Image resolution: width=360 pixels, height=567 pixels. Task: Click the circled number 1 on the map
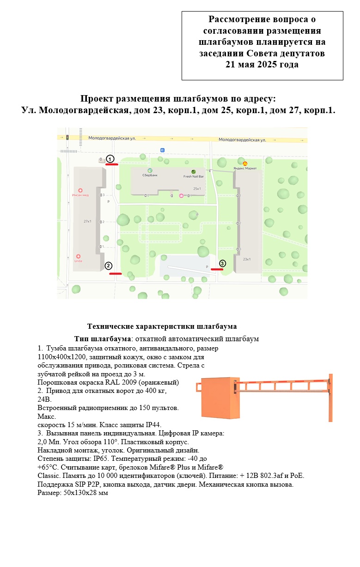coord(110,159)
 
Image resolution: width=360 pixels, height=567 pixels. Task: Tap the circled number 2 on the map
coord(108,265)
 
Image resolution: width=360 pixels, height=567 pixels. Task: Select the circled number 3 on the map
coord(222,263)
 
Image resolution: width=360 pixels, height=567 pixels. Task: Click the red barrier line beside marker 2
coord(115,273)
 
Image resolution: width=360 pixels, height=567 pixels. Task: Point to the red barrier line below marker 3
coord(217,269)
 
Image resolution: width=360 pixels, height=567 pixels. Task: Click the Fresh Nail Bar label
coord(193,176)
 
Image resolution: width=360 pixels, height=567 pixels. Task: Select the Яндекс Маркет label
coord(245,168)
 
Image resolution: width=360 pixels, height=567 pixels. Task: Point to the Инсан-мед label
coord(80,195)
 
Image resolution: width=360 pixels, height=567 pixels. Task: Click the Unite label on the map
coord(78,261)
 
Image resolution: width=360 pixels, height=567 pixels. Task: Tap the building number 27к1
coord(87,222)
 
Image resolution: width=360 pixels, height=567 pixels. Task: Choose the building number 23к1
coord(247,259)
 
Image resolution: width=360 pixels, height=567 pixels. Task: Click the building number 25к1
coord(197,188)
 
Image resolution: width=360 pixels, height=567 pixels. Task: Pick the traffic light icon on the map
coord(67,138)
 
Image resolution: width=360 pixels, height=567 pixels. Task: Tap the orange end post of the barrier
coord(330,398)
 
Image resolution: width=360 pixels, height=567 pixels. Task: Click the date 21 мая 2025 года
coord(262,65)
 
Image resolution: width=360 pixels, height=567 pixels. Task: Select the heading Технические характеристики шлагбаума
coord(162,326)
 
